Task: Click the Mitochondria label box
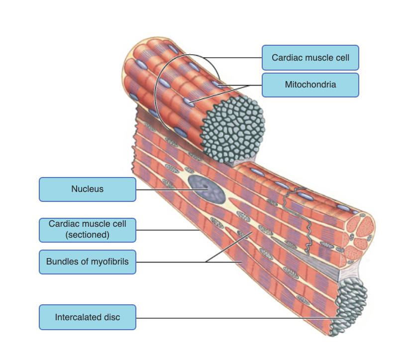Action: [x=310, y=85]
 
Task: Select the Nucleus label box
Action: [x=87, y=189]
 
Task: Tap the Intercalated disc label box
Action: [x=87, y=317]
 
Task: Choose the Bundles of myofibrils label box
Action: [x=87, y=262]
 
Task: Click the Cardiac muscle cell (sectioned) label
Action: [x=87, y=229]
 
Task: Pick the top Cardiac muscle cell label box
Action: [x=310, y=58]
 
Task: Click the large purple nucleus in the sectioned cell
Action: [x=204, y=189]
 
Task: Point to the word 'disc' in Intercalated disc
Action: [x=111, y=317]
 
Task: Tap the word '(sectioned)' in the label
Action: [x=87, y=235]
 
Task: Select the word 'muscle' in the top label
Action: [x=310, y=58]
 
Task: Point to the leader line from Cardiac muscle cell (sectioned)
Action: [x=167, y=230]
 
